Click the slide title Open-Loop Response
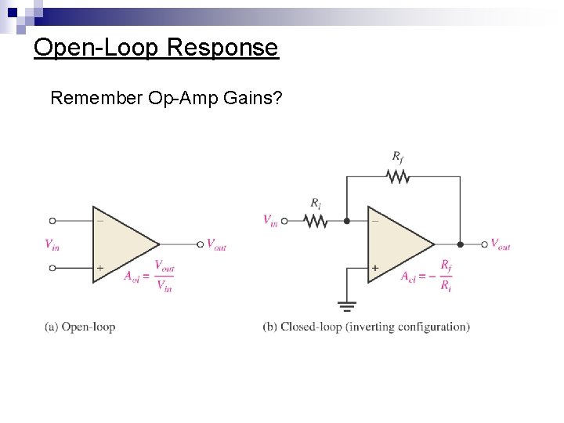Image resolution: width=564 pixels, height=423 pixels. pos(156,48)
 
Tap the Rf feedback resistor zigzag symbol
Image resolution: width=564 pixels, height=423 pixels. pos(398,177)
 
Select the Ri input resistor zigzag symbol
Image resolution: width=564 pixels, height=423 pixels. pos(315,221)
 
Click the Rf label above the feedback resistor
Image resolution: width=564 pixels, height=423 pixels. pos(398,158)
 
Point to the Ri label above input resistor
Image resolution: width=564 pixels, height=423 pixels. pos(315,204)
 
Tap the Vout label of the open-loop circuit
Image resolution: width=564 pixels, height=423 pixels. pos(216,245)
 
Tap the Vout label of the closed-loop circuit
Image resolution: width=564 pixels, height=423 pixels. pos(500,244)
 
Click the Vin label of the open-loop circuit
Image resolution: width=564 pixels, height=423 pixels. pos(52,245)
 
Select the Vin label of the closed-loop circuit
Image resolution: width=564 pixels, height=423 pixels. pos(270,220)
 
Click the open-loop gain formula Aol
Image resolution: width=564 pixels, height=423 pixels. pos(149,276)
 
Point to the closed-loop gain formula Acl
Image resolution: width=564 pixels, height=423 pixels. pos(426,276)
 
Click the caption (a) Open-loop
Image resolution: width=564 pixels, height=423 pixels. pos(80,327)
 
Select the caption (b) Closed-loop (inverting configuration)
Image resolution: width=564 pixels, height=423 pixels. pos(366,327)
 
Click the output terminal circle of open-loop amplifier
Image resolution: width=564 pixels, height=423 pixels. pos(201,244)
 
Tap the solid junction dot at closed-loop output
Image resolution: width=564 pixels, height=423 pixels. pos(460,244)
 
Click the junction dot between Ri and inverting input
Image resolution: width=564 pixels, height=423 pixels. pos(347,221)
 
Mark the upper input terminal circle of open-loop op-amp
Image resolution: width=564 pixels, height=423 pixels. pos(52,221)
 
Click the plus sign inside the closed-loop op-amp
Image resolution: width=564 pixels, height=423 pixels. pos(374,268)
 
